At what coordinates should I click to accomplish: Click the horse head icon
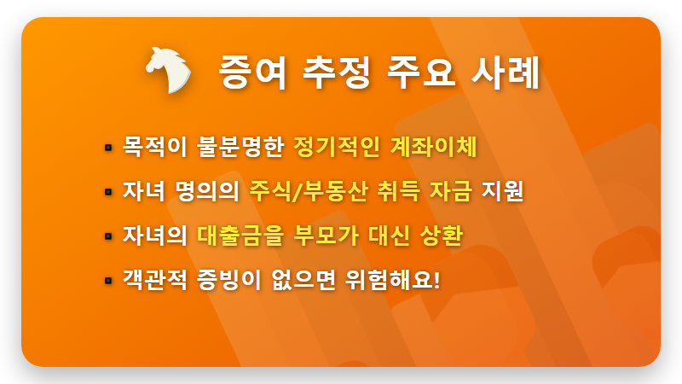coord(169,69)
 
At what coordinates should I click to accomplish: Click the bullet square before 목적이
coord(108,147)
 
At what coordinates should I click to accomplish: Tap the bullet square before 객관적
coord(108,280)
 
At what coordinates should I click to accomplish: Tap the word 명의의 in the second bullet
coord(207,190)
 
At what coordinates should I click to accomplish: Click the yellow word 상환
coord(440,235)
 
